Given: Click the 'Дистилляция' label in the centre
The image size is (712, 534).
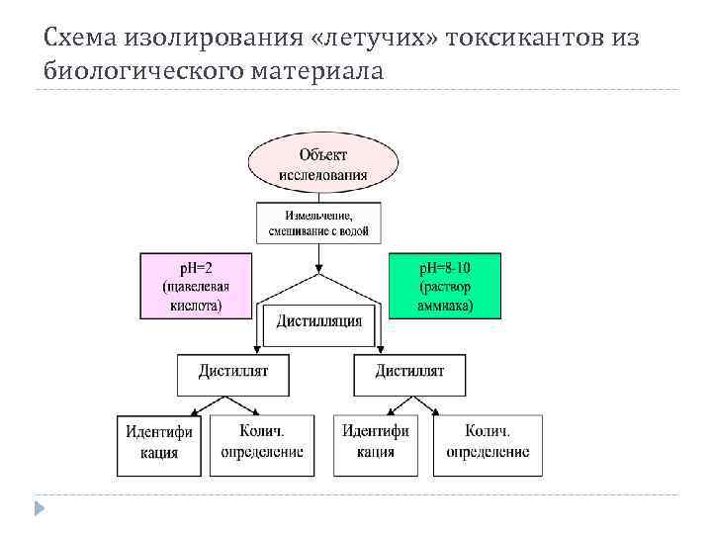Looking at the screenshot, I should point(318,320).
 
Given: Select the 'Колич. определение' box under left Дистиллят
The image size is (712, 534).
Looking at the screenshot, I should point(260,443).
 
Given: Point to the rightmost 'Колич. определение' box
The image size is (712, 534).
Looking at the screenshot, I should point(487,443).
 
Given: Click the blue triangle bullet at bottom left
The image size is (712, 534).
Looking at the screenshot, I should point(40,508).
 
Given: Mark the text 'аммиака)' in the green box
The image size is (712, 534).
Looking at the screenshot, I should point(445,307).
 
